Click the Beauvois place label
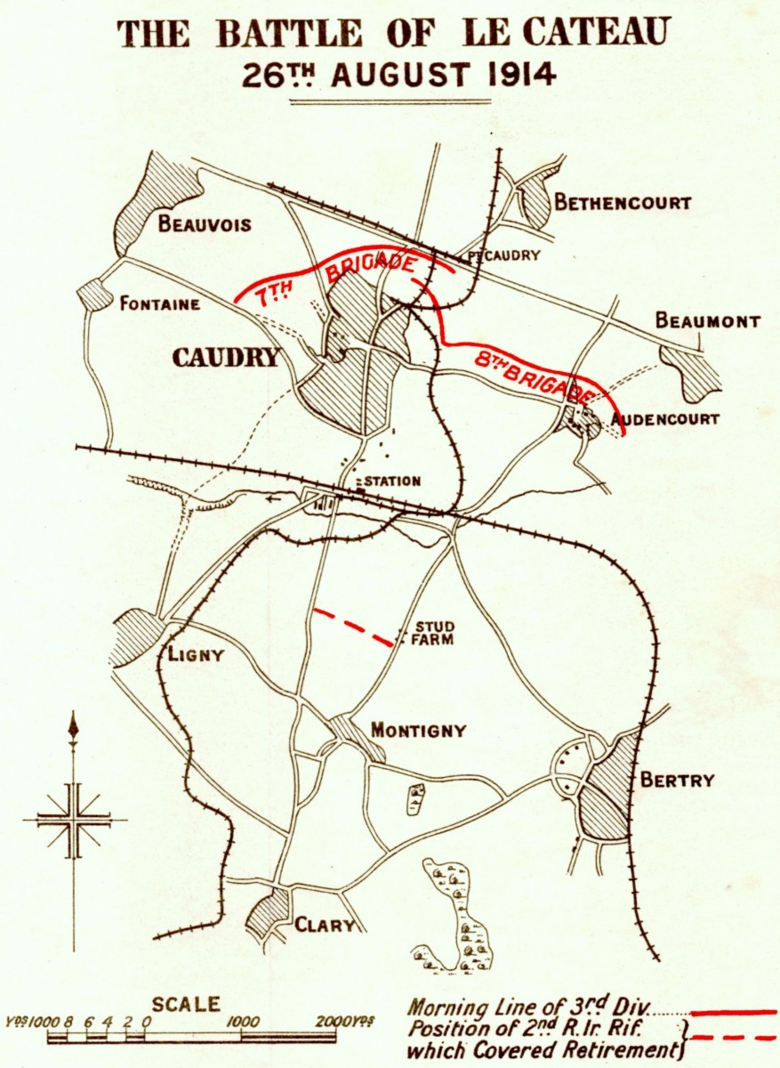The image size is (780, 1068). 205,223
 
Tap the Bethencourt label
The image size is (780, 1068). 623,203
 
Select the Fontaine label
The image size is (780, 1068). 160,304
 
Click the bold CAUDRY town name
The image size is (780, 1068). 226,359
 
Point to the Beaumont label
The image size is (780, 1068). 708,321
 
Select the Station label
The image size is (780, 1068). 392,481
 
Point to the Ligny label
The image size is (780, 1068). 196,656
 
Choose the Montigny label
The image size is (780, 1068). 418,731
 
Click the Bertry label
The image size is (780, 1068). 677,781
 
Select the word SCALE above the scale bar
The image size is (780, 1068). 185,1004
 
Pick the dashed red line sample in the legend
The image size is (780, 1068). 733,1037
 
